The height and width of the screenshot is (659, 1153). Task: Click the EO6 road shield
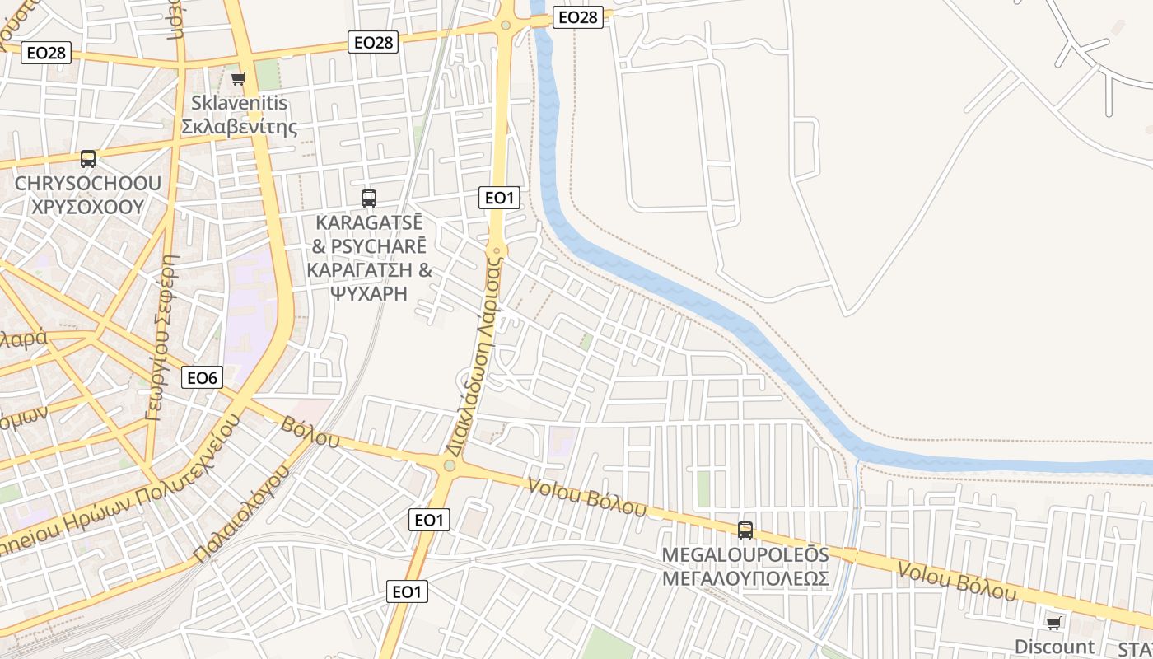(x=202, y=378)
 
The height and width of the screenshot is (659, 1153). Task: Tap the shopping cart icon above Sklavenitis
(x=238, y=78)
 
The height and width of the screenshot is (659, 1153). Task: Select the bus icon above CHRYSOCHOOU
(x=88, y=159)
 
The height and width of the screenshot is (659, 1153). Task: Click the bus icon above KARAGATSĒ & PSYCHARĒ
(x=369, y=198)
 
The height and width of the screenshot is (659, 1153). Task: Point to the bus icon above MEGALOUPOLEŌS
(x=745, y=530)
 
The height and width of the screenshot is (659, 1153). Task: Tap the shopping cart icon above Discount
(x=1053, y=622)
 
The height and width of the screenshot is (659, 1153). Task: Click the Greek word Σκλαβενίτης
(x=239, y=127)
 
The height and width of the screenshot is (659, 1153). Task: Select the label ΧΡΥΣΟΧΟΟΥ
(x=87, y=206)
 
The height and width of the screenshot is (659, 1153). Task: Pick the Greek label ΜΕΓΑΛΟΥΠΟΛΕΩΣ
(x=745, y=578)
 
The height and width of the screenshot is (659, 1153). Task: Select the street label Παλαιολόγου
(x=244, y=512)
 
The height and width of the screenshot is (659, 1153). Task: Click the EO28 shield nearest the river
(x=577, y=17)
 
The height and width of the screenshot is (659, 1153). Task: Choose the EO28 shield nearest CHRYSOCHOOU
(x=46, y=53)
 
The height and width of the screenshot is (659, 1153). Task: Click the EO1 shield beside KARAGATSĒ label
(x=499, y=197)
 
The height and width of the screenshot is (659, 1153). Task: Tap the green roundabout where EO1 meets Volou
(x=449, y=466)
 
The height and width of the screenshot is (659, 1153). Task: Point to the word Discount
(x=1054, y=647)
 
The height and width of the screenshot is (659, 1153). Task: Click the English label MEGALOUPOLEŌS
(x=745, y=554)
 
